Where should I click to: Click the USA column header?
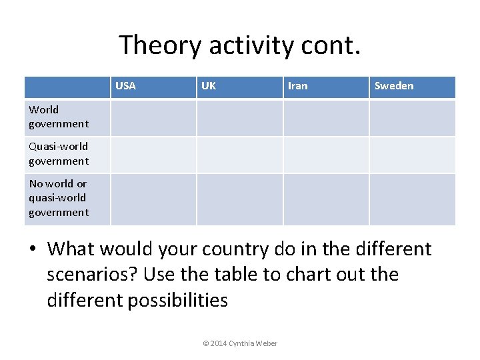125,86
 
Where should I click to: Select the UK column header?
209,86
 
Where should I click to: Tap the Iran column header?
297,86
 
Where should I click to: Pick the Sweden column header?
393,86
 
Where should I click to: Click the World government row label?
58,117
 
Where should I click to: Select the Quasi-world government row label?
58,154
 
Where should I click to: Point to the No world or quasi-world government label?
58,198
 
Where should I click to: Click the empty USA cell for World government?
153,118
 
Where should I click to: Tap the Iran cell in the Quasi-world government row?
326,155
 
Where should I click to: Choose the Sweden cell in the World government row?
412,118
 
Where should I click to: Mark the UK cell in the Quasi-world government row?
240,155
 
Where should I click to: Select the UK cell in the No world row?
240,199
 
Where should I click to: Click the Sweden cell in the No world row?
412,199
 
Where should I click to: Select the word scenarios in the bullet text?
93,275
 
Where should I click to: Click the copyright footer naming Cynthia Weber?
240,343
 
